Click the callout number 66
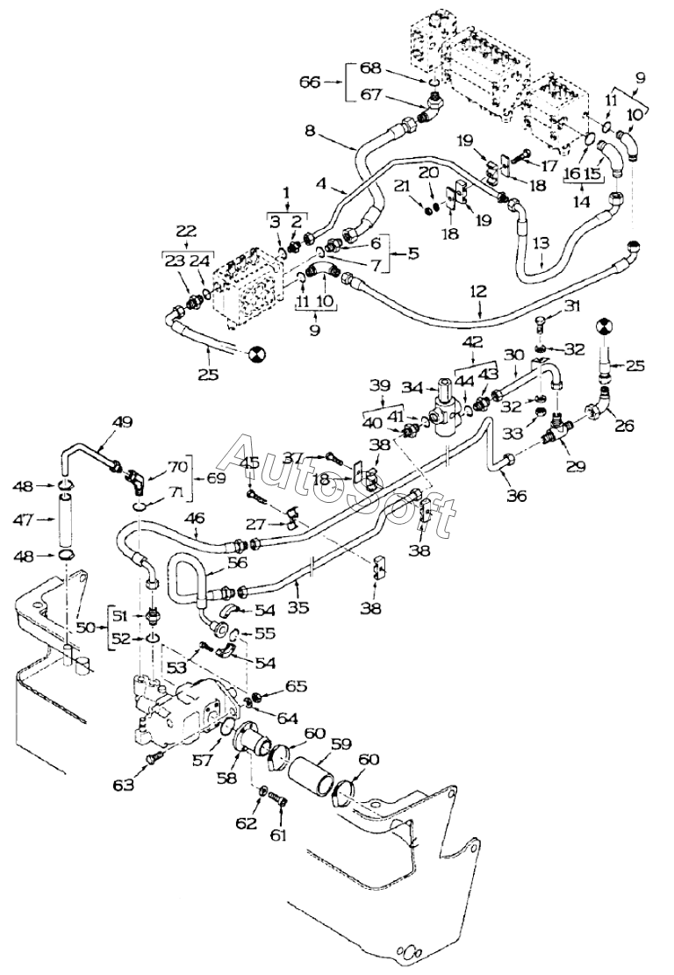coord(311,82)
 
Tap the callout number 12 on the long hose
coord(479,291)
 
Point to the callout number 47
coord(24,520)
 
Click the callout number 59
coord(341,743)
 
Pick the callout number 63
coord(124,785)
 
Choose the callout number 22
coord(186,232)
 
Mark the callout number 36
coord(517,496)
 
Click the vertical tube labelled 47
coord(66,520)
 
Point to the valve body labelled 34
coord(448,406)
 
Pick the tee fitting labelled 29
coord(557,430)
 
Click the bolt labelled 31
coord(541,323)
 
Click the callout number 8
coord(310,131)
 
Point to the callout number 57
coord(203,760)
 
